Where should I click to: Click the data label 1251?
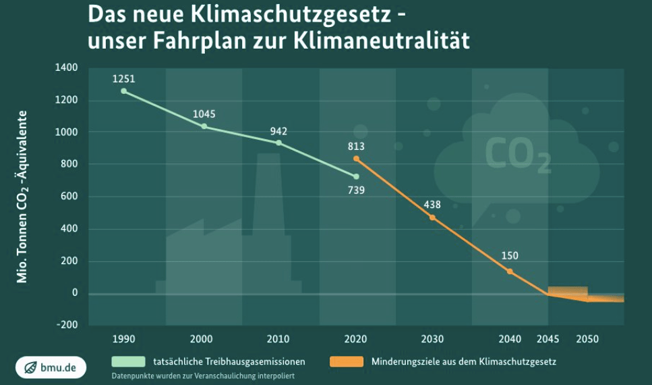tap(124, 79)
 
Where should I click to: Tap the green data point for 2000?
tap(204, 126)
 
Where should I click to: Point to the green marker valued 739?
tap(356, 176)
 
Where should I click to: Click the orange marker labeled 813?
tap(356, 159)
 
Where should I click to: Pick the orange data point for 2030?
tap(432, 217)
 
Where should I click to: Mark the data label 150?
tap(510, 256)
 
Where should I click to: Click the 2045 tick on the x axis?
tap(548, 338)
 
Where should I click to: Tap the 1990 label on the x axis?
tap(124, 338)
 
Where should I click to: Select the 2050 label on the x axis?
tap(587, 338)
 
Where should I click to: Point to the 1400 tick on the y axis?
tap(67, 68)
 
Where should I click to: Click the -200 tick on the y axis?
tap(67, 324)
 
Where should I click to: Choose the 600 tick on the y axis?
tap(69, 197)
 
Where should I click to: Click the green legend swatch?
tap(129, 361)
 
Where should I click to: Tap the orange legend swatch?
tap(346, 361)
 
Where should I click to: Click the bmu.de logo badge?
tap(51, 367)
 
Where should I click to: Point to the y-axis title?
tap(23, 196)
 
